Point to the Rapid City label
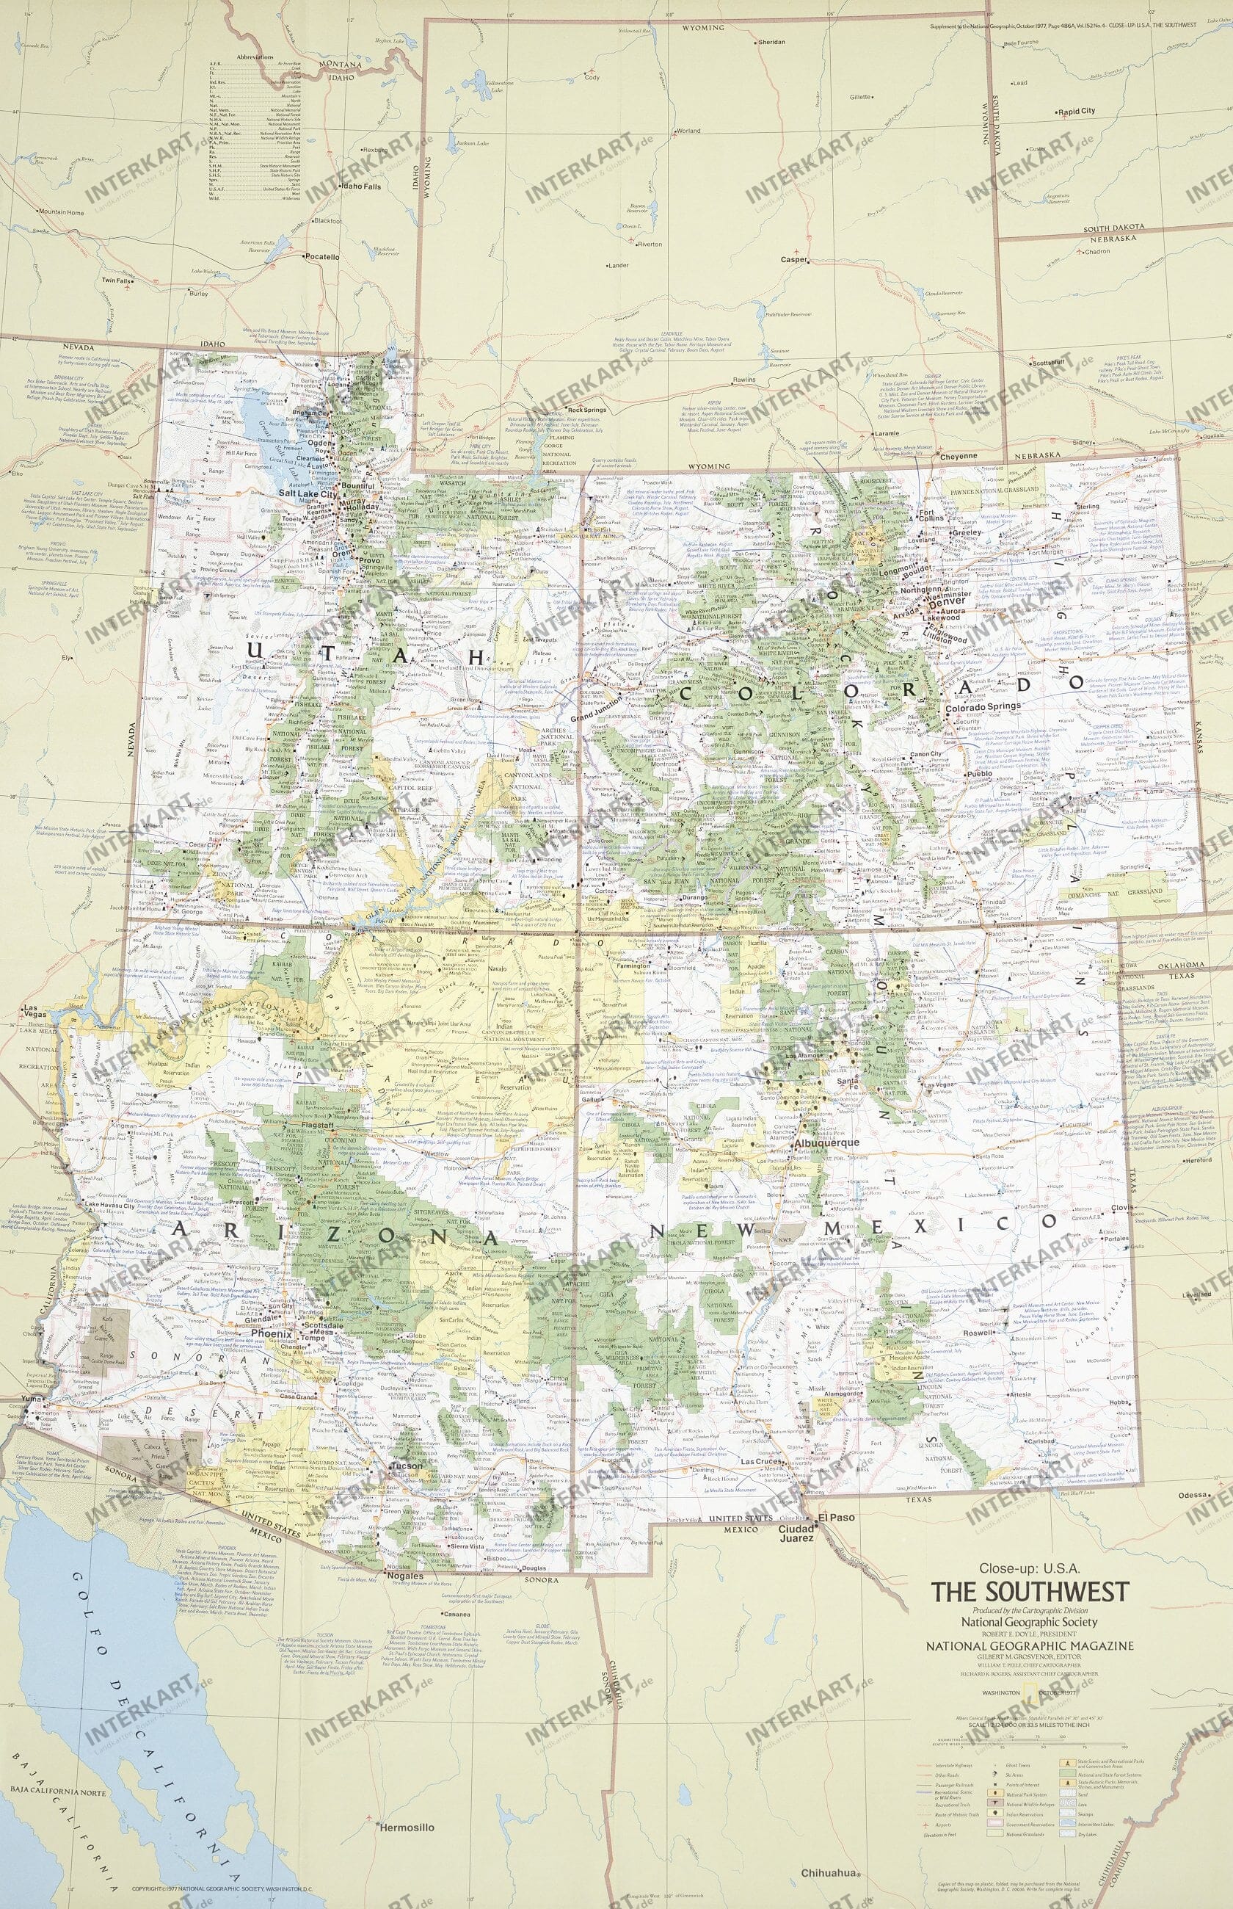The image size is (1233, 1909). point(1076,112)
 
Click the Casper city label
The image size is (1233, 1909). point(795,260)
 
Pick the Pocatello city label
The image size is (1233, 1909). point(322,257)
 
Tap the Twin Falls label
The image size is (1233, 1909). point(116,281)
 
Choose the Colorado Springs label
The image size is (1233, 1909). point(983,707)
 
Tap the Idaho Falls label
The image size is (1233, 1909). point(361,186)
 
